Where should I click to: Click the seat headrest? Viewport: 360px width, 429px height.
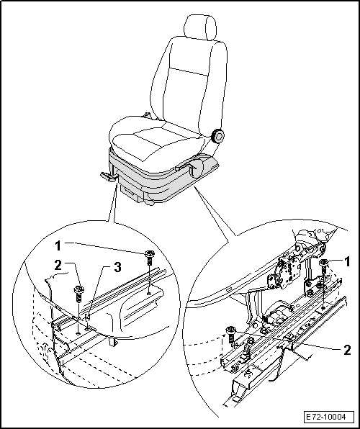[x=200, y=29]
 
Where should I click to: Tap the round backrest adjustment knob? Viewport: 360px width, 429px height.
[x=218, y=136]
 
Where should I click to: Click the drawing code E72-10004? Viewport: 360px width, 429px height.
[x=325, y=417]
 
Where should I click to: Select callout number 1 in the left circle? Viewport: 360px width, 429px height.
[x=58, y=246]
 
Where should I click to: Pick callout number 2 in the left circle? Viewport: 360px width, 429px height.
[x=58, y=265]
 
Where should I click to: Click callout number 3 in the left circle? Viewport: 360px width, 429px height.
[x=117, y=267]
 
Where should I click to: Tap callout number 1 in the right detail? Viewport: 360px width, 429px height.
[x=346, y=262]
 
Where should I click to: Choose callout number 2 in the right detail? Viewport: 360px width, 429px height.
[x=347, y=351]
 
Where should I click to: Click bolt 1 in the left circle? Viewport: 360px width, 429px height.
[x=149, y=257]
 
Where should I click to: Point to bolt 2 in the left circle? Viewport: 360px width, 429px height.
[x=79, y=293]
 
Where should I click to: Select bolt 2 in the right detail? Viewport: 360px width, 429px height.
[x=231, y=334]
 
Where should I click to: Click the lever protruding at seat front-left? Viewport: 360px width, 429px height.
[x=109, y=177]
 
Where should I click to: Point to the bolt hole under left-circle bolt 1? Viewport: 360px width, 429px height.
[x=148, y=293]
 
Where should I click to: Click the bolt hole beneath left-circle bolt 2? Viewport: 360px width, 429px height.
[x=78, y=333]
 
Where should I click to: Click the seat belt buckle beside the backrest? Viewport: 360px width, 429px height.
[x=146, y=114]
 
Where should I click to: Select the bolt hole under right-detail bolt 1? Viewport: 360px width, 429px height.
[x=323, y=308]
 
